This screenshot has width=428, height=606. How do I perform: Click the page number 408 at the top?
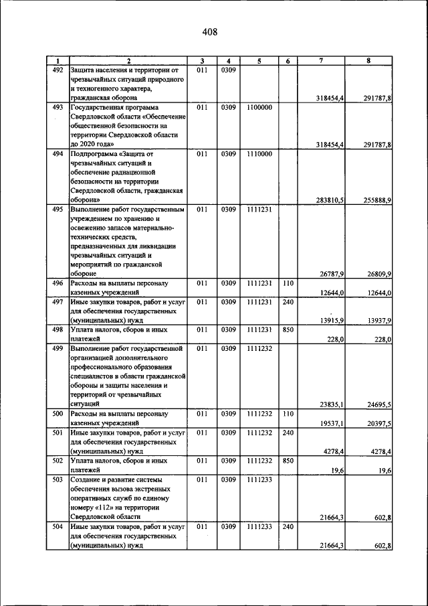[210, 31]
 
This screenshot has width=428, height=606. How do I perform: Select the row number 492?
[58, 70]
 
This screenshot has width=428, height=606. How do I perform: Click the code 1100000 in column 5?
[259, 107]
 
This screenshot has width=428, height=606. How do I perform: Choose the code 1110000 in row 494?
[259, 153]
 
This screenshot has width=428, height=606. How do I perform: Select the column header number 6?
[287, 61]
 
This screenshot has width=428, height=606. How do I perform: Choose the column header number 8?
[368, 61]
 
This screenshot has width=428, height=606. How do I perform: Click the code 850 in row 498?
[288, 329]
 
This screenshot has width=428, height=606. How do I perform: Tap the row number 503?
[58, 480]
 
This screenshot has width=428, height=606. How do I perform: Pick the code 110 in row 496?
[288, 283]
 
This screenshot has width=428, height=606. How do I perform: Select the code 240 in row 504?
[288, 527]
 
